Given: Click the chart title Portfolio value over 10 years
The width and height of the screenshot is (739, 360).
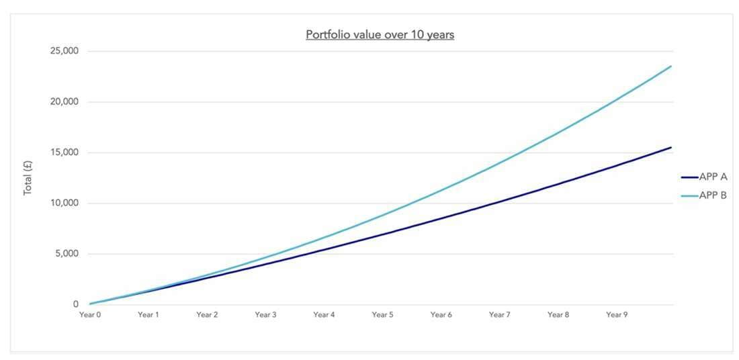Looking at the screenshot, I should coord(380,35).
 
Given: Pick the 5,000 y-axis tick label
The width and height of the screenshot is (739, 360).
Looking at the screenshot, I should coord(67,254).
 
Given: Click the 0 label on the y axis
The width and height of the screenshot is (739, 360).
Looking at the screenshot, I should coord(76,305).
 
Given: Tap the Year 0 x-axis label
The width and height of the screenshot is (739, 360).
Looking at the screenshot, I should coord(89,314).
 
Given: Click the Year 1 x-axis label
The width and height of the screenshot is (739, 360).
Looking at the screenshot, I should coord(148,314).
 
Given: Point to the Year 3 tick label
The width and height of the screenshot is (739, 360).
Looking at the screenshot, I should coord(265,314).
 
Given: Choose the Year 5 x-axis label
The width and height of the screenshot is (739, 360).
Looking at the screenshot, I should coord(382,314).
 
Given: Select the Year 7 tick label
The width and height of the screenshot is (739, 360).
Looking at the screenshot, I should coord(499,314).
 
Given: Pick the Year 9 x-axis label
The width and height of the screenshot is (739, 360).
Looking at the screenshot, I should coord(616,314).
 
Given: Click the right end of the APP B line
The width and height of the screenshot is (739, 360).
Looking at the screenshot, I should coord(671,66).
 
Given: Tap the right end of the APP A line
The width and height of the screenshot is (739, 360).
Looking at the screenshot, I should coord(671,147).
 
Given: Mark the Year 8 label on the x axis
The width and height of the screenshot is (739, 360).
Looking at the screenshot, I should coord(558,314).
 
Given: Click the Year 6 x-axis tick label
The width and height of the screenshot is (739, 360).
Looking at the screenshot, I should coord(441,314).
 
